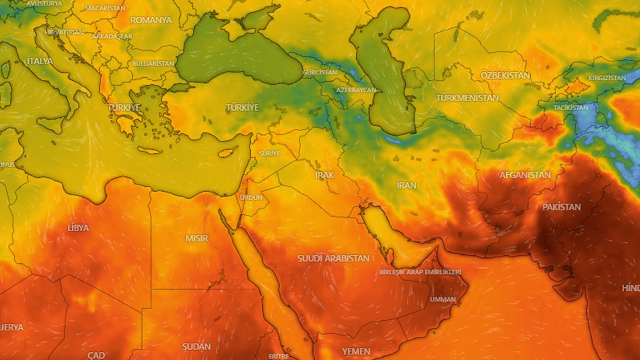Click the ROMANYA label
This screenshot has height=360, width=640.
coord(151,20)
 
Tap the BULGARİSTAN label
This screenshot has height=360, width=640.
coord(153,63)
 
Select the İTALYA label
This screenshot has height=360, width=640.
coord(39,61)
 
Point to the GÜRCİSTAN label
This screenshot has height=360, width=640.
coord(320,72)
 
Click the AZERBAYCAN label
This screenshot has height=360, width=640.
coord(356,90)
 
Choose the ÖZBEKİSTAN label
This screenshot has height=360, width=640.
coord(505,75)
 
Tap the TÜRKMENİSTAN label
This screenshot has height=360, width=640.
coord(467,98)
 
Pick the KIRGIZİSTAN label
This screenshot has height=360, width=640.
coord(607,78)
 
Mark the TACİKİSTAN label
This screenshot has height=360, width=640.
coord(570,107)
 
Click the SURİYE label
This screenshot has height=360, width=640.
coord(269,153)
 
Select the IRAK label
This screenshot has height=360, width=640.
coord(324,175)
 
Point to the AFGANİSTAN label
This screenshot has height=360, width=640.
coord(525,175)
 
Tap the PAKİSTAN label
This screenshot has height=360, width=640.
coord(561,207)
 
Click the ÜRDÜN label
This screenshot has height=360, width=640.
coord(251,197)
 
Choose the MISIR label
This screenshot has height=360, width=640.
coord(196,238)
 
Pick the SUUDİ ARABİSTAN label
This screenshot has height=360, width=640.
coord(333,258)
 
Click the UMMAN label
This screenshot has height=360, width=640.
coord(442,299)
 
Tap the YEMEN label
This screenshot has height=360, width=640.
coord(356,351)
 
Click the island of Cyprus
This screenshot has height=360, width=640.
coord(228,151)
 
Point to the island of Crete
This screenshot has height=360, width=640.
coord(149,150)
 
